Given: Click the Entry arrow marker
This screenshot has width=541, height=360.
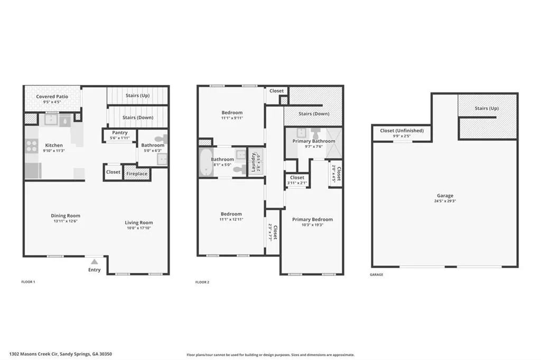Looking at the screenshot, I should [94, 261].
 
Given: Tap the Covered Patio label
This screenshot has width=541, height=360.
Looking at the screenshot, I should [51, 97].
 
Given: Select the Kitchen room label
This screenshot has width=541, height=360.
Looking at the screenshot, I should [54, 145].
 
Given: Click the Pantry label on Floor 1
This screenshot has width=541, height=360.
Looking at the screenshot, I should [119, 132].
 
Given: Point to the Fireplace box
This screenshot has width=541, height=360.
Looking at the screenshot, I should [137, 173].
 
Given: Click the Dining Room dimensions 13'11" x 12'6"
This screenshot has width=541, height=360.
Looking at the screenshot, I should [66, 221].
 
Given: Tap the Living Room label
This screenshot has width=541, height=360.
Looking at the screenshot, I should [138, 222].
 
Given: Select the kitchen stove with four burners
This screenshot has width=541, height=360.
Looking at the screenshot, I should [31, 146].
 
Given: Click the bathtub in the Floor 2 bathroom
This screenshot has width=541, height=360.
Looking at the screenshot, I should [204, 162].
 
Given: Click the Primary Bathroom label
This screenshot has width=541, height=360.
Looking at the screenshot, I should [314, 141].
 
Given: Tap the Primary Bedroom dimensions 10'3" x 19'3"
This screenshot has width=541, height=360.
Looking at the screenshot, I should [312, 225].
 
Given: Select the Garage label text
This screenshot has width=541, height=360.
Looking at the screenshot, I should [445, 196].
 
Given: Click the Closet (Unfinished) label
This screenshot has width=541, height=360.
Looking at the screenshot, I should [402, 130].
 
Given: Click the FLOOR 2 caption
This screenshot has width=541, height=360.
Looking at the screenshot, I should [202, 282].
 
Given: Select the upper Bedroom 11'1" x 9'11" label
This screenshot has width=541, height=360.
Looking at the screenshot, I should [232, 112].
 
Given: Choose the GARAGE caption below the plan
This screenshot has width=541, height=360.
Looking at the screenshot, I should [376, 274].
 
